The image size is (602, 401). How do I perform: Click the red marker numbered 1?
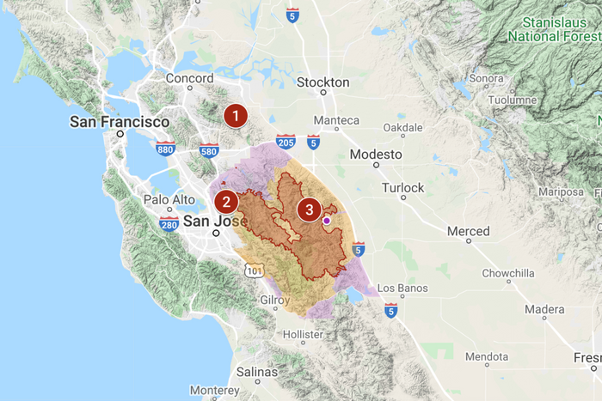(x=235, y=115)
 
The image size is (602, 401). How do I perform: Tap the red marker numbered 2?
(x=226, y=203)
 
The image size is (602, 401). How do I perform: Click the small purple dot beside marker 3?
(x=327, y=221)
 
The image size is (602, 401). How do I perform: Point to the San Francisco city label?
(x=120, y=122)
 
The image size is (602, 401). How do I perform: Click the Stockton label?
(x=322, y=82)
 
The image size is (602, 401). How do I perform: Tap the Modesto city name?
(x=376, y=155)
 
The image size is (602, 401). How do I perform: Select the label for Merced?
(x=468, y=231)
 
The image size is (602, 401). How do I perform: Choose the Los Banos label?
(x=398, y=288)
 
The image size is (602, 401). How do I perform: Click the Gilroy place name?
(x=276, y=300)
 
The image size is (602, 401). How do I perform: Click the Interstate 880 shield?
(x=167, y=149)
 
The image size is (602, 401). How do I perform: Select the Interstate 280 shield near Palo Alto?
(x=169, y=224)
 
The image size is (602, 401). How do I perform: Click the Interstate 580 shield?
(x=208, y=151)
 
